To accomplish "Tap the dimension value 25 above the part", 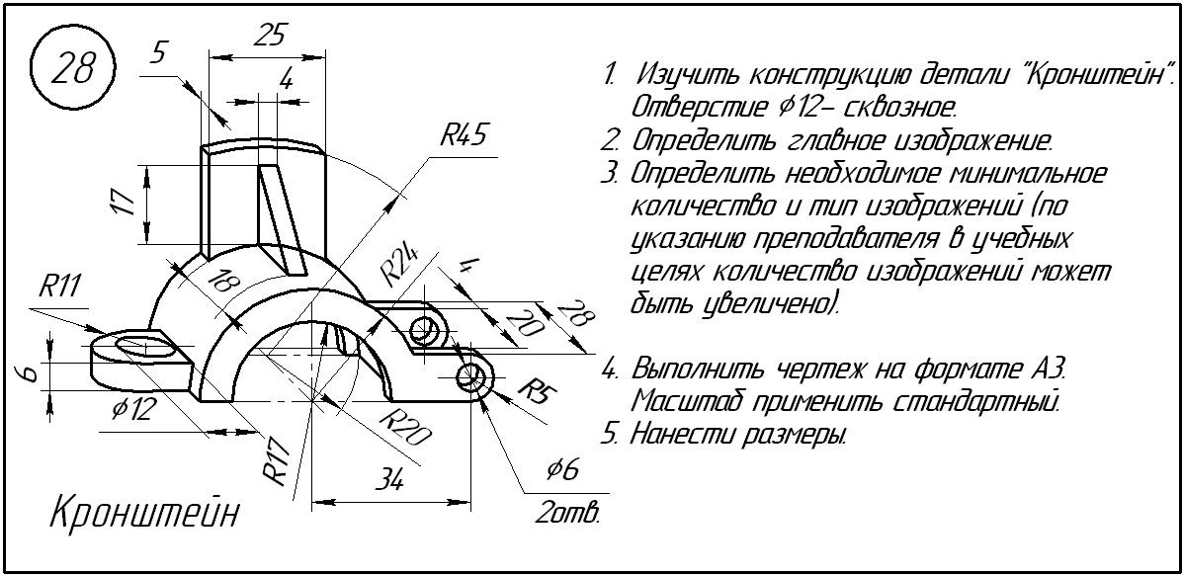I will point(269,36).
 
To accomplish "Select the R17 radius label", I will point(280,461).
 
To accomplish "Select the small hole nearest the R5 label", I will point(472,375).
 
